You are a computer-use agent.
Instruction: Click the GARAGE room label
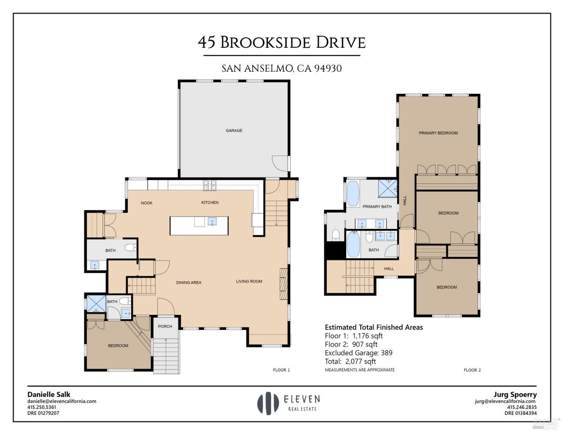coord(234,131)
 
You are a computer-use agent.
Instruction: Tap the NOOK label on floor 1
coord(147,203)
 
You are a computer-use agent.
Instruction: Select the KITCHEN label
coord(210,203)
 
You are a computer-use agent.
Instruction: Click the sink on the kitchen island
coord(212,221)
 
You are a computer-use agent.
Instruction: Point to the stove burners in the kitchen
coord(210,185)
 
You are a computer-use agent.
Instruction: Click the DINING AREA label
coord(189,283)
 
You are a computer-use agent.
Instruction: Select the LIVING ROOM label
coord(249,281)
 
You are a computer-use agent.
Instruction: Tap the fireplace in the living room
coord(283,283)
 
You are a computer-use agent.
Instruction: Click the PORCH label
coord(165,327)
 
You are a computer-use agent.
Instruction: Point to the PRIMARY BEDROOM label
coord(438,133)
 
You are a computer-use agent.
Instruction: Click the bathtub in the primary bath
coord(353,193)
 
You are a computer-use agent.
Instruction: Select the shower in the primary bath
coord(388,188)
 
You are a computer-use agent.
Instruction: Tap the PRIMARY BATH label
coord(377,206)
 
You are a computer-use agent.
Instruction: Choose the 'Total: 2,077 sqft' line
coord(350,361)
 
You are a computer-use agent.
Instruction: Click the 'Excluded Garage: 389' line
coord(358,353)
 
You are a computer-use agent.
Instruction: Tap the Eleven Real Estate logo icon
coord(265,403)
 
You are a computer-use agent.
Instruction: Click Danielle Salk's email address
coord(62,401)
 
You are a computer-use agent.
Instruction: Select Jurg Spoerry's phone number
coord(522,407)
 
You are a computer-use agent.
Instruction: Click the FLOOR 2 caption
coord(472,370)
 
